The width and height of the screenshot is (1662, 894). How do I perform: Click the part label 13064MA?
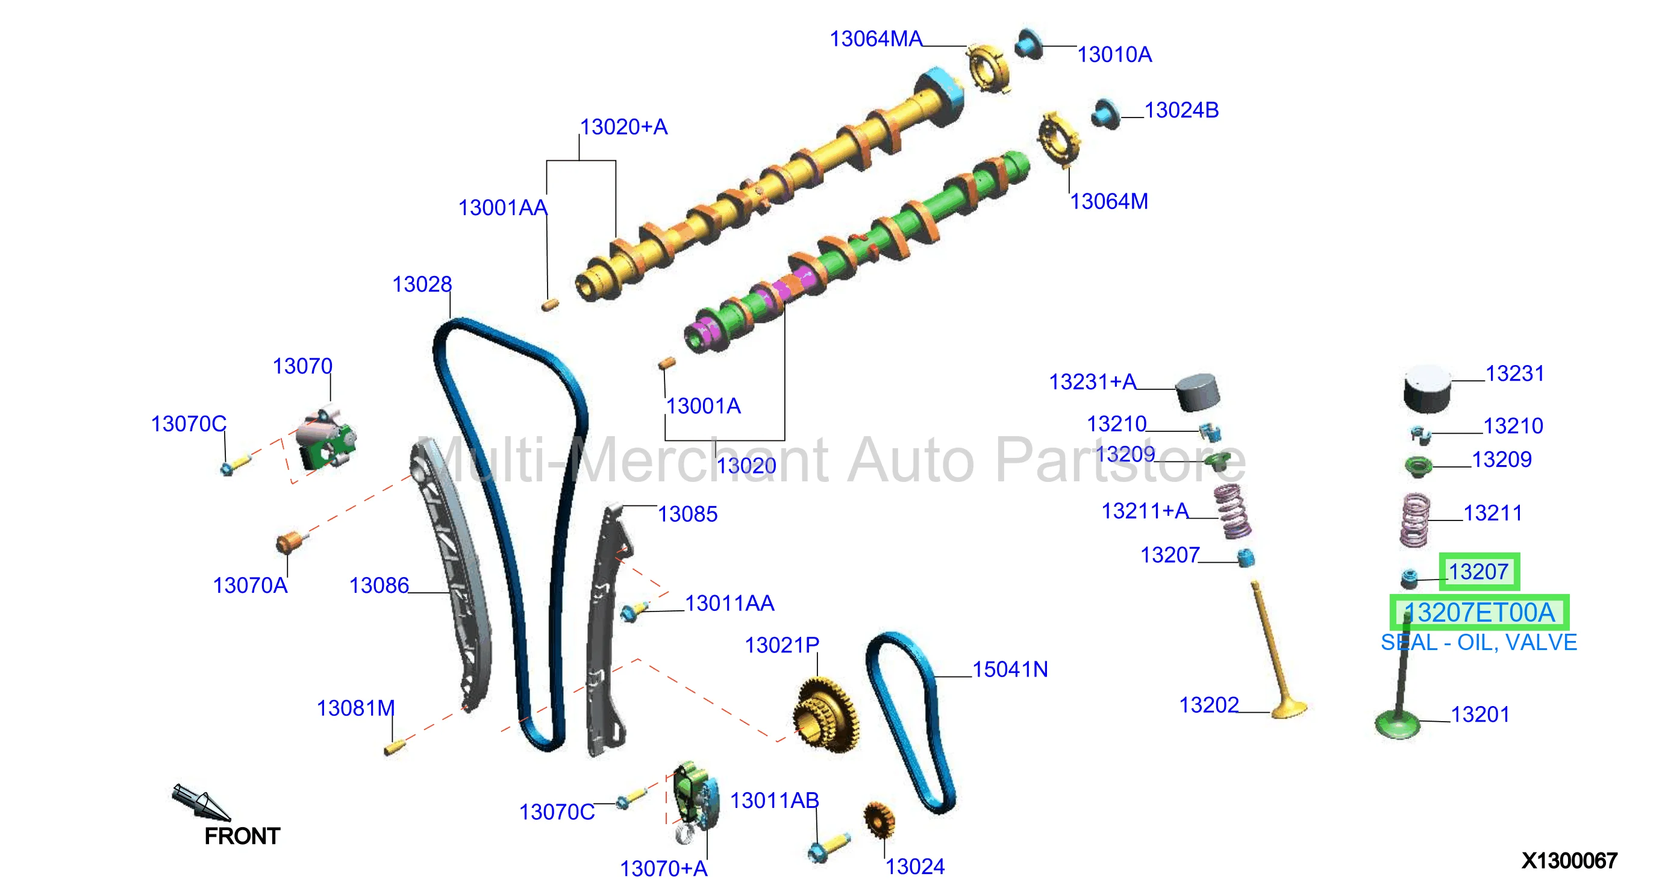pyautogui.click(x=875, y=39)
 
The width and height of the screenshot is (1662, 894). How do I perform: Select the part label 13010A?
pyautogui.click(x=1114, y=55)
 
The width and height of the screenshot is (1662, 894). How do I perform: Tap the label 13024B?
pyautogui.click(x=1181, y=110)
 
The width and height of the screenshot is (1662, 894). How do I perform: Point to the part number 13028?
pyautogui.click(x=422, y=284)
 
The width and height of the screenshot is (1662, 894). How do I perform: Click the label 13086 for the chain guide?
pyautogui.click(x=379, y=586)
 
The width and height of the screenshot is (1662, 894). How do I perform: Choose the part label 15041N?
pyautogui.click(x=1010, y=669)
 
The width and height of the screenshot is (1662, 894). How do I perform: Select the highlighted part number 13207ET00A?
pyautogui.click(x=1479, y=613)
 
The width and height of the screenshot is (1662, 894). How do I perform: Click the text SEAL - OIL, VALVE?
pyautogui.click(x=1479, y=642)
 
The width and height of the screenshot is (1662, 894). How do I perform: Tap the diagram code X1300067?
pyautogui.click(x=1569, y=860)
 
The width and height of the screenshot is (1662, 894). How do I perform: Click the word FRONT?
pyautogui.click(x=242, y=836)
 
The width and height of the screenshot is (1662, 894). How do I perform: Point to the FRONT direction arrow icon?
pyautogui.click(x=200, y=802)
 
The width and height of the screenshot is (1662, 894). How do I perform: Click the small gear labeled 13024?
pyautogui.click(x=879, y=820)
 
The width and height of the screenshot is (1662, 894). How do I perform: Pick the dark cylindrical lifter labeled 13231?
pyautogui.click(x=1426, y=389)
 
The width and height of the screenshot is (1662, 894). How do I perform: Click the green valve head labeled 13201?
pyautogui.click(x=1398, y=724)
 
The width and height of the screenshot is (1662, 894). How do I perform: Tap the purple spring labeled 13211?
pyautogui.click(x=1414, y=520)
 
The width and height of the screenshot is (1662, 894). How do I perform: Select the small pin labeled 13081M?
pyautogui.click(x=393, y=748)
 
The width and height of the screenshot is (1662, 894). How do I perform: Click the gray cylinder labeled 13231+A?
pyautogui.click(x=1198, y=392)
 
